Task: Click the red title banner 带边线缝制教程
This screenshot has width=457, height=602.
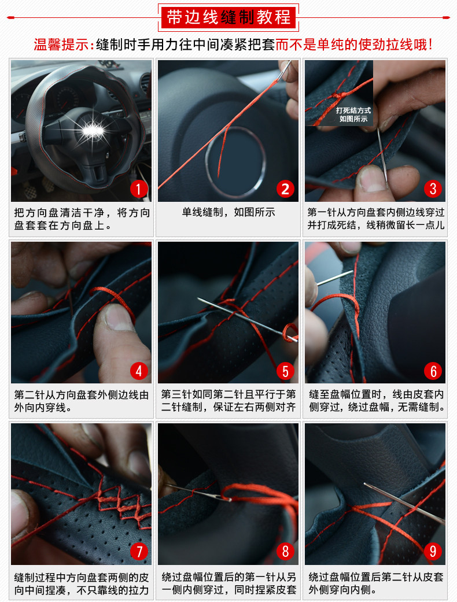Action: [228, 17]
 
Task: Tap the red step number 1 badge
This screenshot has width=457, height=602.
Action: [139, 189]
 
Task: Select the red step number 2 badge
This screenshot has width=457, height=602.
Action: [285, 189]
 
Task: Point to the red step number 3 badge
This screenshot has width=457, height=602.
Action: [433, 189]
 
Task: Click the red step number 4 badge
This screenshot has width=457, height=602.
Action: [139, 371]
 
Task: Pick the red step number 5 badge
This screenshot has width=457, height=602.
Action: [285, 371]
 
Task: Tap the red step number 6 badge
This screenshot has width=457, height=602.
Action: [433, 371]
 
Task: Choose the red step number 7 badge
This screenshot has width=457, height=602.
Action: [139, 551]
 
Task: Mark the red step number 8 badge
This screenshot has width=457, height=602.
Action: [285, 551]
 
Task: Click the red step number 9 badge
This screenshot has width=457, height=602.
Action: [433, 551]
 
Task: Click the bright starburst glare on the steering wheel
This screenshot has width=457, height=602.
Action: [92, 131]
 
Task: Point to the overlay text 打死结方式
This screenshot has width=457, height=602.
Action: [353, 110]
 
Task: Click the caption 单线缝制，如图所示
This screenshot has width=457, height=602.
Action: [228, 212]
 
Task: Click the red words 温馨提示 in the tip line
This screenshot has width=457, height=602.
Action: [61, 45]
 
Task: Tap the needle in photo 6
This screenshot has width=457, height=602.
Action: [335, 278]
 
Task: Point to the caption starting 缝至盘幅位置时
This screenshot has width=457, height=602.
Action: [377, 400]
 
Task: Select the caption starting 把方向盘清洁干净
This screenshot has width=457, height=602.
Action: [82, 219]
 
